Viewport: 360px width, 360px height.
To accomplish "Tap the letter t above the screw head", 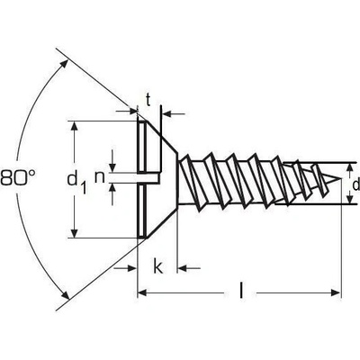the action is tap(148, 100).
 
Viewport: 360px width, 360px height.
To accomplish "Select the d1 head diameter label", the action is tap(76, 183).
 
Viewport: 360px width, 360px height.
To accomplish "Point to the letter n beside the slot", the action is tap(100, 177).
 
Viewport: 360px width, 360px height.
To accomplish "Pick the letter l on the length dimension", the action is tap(241, 290).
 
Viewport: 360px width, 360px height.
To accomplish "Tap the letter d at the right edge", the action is tap(355, 184).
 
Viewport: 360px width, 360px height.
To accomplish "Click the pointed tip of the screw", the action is tap(341, 179).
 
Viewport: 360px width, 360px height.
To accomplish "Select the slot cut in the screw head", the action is tap(149, 177).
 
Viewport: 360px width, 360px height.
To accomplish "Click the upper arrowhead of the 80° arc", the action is tap(64, 66).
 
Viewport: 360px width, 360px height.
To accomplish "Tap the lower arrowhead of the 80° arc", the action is tap(64, 293).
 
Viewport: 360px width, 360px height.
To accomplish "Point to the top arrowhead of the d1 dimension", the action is tap(74, 127).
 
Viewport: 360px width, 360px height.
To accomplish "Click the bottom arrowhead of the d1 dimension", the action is tap(74, 232).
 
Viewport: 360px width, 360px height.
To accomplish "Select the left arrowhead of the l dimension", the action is tap(142, 292).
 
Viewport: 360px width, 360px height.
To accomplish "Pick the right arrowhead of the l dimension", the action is tap(336, 292).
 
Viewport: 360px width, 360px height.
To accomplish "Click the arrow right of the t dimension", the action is tap(174, 114).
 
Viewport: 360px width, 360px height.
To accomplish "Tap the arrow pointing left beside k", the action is tap(189, 267).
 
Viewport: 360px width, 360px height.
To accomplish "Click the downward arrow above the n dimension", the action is tap(112, 161).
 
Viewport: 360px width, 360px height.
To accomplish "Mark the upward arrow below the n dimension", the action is tap(112, 194).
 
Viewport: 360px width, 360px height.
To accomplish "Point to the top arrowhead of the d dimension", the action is tap(349, 168).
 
